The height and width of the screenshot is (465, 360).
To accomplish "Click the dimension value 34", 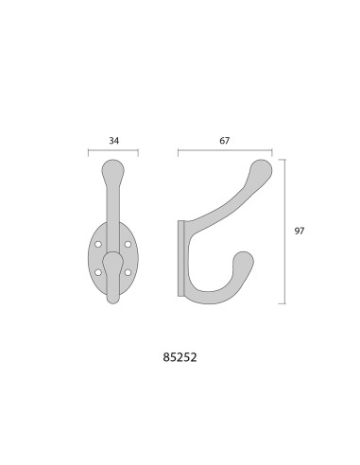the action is click(114, 141).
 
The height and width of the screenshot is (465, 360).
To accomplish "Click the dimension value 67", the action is click(225, 141).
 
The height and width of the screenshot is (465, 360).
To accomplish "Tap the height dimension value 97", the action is click(300, 231).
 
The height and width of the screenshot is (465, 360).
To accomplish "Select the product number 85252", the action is click(180, 357).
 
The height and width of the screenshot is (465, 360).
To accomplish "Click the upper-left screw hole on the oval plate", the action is click(98, 244).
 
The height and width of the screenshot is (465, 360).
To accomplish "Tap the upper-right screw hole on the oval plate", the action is click(128, 244).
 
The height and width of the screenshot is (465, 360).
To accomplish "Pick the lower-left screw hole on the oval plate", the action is click(98, 272).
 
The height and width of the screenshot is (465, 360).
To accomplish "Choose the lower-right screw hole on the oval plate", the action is click(128, 272).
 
